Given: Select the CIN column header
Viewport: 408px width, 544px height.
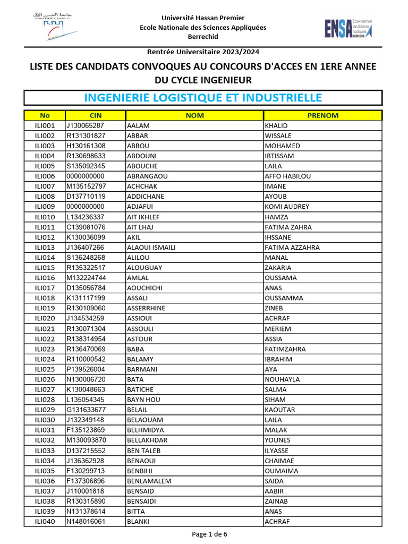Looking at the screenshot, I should click(x=96, y=115).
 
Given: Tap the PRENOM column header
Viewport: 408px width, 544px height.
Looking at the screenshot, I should click(x=322, y=115).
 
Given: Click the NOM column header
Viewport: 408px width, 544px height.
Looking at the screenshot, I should click(x=194, y=115).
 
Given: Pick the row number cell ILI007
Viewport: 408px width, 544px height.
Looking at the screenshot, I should click(x=45, y=186).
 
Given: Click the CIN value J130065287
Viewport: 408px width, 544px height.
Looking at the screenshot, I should click(x=85, y=125).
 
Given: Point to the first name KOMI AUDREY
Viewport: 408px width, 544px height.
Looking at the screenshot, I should click(x=286, y=207).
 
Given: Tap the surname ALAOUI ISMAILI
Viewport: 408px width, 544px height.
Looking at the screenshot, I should click(x=151, y=248).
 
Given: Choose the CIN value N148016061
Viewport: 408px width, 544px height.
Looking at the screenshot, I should click(x=86, y=522).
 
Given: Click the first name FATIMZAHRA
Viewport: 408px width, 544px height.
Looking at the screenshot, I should click(x=285, y=349).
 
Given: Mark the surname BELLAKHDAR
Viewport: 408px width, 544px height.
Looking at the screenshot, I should click(x=147, y=440).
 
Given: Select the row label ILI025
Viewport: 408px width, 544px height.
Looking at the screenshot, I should click(x=45, y=369).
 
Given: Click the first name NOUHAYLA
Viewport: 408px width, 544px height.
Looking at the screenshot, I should click(x=282, y=379).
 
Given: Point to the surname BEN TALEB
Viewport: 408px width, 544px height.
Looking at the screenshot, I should click(x=143, y=450).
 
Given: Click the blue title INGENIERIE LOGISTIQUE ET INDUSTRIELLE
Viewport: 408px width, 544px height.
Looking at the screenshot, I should click(x=203, y=98).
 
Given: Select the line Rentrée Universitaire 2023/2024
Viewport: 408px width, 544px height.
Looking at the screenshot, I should click(x=203, y=52).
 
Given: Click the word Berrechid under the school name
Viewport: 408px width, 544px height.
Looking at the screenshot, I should click(x=203, y=37).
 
